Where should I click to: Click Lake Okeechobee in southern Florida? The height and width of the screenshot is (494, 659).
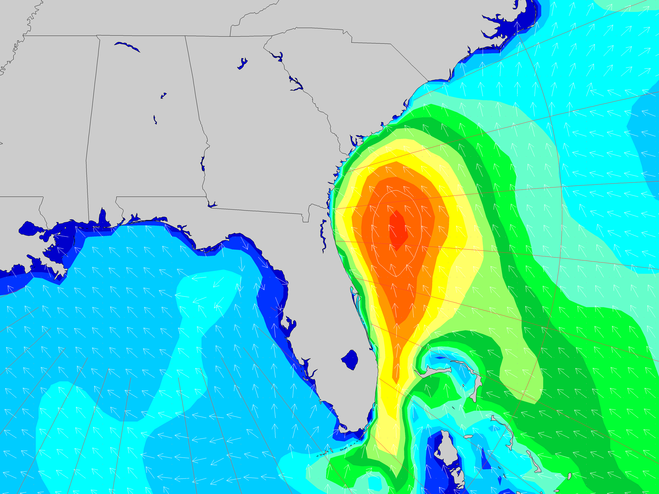pyautogui.click(x=350, y=360)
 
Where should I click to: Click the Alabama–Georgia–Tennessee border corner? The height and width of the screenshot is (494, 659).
pyautogui.click(x=185, y=36)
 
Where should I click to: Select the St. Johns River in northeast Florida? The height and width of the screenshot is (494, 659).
pyautogui.click(x=323, y=235)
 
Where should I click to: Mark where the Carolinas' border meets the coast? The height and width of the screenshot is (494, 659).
pyautogui.click(x=428, y=81)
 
